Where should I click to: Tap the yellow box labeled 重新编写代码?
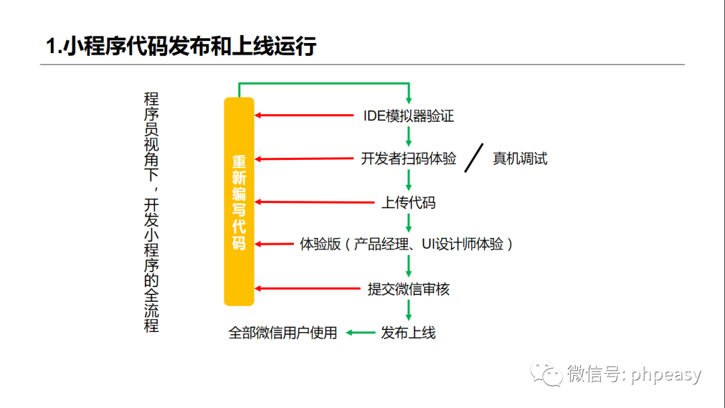coord(239,202)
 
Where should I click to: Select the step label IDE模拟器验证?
coord(409,116)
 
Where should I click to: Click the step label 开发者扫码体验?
coord(409,159)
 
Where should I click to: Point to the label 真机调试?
coord(520,159)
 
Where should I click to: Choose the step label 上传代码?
coord(409,202)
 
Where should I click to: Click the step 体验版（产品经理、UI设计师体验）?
coord(407,245)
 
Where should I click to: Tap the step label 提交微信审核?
coord(409,289)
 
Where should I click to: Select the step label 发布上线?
coord(408,332)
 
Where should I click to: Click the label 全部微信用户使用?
coord(283,332)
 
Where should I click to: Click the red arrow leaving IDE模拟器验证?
coord(305,116)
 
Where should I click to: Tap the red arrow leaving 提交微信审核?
coord(309,289)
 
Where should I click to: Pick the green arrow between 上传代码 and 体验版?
coord(409,222)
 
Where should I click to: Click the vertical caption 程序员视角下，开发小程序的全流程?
coord(152,212)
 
